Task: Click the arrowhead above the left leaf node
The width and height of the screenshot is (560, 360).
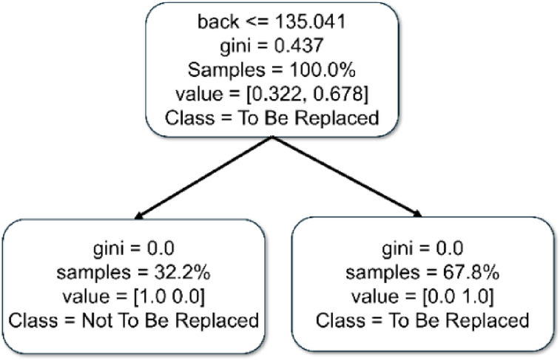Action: pyautogui.click(x=138, y=215)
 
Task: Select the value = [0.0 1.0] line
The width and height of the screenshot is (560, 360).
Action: pyautogui.click(x=422, y=298)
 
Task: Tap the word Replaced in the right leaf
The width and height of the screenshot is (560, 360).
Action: pyautogui.click(x=493, y=321)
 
